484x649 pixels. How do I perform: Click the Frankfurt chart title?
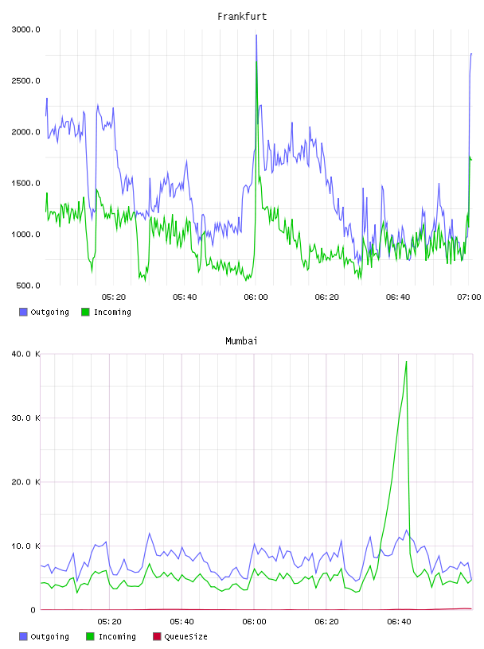[x=242, y=16]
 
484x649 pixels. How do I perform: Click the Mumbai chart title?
[x=241, y=340]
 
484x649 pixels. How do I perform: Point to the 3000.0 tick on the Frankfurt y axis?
[x=25, y=29]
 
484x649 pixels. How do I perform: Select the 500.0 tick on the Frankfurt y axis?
[x=28, y=286]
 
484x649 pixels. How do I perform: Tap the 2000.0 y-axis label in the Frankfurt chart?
[x=25, y=132]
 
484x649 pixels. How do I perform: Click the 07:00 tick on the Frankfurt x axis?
[x=469, y=297]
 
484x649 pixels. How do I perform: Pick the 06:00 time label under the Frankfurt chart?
[x=256, y=297]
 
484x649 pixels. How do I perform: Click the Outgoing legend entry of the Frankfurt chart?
[x=44, y=312]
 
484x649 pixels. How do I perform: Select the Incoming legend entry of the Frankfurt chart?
[x=106, y=312]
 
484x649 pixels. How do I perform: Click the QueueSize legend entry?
[x=180, y=636]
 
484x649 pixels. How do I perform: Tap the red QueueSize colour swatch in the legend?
[x=157, y=636]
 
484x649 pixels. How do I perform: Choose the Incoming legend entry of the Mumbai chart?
[x=111, y=636]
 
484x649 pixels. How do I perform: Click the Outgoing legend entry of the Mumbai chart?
[x=44, y=636]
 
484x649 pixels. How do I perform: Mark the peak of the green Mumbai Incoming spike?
[x=406, y=361]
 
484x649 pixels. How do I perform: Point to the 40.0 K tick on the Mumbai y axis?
[x=25, y=354]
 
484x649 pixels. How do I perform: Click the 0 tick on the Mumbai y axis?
[x=33, y=610]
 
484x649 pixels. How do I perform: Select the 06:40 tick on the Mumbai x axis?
[x=399, y=621]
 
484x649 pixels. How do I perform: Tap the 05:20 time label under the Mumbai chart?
[x=109, y=621]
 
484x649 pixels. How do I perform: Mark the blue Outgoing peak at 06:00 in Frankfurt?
[x=256, y=35]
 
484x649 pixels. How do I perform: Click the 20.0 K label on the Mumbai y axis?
[x=25, y=482]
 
